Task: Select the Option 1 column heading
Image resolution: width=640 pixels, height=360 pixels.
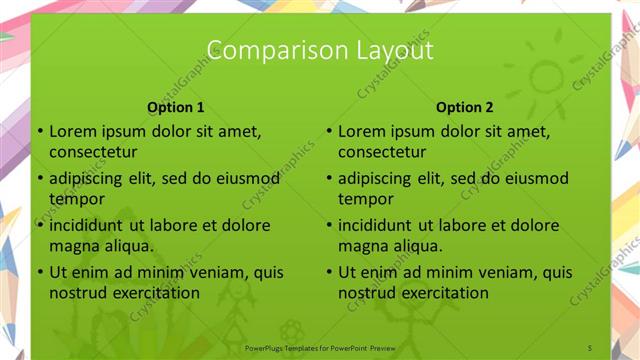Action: [x=176, y=107]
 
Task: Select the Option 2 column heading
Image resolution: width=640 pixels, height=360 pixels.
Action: [x=465, y=107]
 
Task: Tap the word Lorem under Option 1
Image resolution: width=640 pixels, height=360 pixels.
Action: [x=72, y=130]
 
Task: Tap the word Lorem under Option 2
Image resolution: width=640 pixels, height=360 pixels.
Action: [x=361, y=130]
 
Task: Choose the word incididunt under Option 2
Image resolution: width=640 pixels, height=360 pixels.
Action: [x=378, y=225]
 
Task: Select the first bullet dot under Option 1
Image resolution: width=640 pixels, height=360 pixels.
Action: [x=39, y=131]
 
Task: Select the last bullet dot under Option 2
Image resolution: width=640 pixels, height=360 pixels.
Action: [x=328, y=272]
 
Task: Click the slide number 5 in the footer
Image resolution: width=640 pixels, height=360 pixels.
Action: [x=590, y=347]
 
